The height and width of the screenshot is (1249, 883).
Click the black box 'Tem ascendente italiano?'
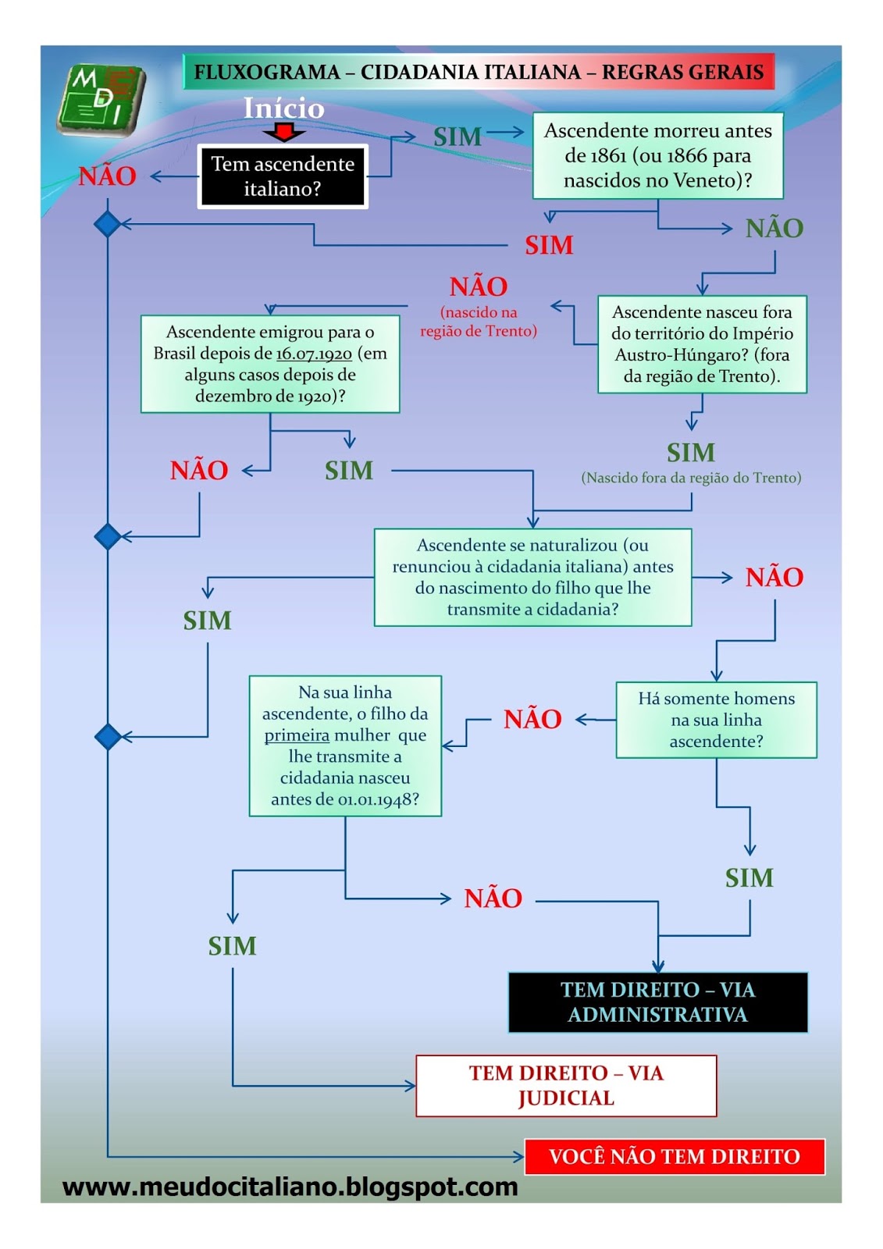click(282, 176)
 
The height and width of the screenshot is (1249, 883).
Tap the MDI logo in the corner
click(101, 99)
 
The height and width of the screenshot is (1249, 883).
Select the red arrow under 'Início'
click(283, 132)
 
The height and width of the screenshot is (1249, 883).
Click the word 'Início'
click(283, 108)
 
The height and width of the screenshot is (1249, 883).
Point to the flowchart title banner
click(478, 72)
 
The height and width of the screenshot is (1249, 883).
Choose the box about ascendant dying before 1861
click(657, 155)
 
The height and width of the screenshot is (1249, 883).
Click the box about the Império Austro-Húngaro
click(701, 343)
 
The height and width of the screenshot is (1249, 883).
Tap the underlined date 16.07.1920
click(314, 354)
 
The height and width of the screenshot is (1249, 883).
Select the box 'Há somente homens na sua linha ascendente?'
click(716, 720)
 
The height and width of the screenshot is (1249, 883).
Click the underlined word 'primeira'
click(297, 735)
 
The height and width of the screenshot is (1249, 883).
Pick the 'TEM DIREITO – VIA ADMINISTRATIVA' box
click(657, 1002)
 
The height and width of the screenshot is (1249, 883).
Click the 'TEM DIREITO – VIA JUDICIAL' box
click(566, 1085)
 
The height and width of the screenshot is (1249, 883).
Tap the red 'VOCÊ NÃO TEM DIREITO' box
click(675, 1156)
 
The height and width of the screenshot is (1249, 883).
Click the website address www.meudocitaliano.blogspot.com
click(290, 1187)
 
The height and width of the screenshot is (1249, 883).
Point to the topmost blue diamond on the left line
click(108, 224)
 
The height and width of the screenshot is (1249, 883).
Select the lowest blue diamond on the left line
click(108, 736)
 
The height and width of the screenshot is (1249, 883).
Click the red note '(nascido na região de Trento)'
click(479, 322)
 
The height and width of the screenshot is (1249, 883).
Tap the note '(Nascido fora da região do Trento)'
click(691, 478)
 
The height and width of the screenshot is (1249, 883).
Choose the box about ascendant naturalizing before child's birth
click(532, 577)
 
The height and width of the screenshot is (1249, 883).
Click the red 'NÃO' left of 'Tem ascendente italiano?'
click(107, 176)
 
